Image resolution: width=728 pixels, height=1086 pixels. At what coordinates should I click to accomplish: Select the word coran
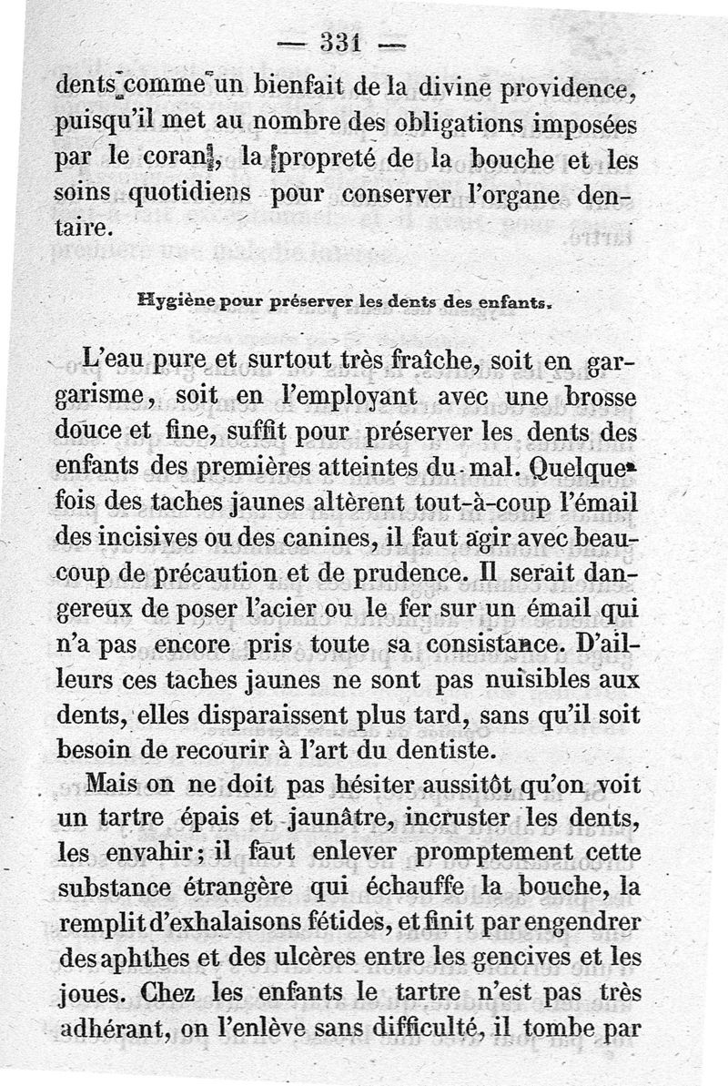183,162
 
